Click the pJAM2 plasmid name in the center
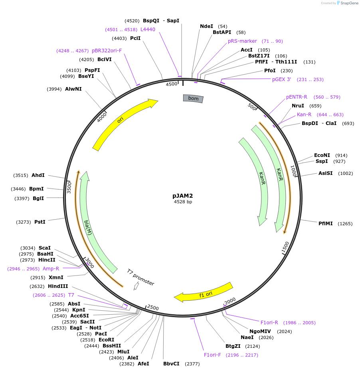point(183,196)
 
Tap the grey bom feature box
point(193,98)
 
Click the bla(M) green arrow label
point(88,228)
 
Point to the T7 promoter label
point(141,277)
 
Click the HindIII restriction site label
point(58,286)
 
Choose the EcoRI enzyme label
point(107,340)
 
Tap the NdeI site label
point(206,26)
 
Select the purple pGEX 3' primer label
point(281,79)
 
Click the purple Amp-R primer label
point(51,269)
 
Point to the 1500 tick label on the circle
point(285,247)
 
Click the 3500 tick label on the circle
point(69,188)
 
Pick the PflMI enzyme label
point(325,224)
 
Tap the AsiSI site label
point(325,173)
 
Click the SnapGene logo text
point(349,3)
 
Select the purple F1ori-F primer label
point(212,355)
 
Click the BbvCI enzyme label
point(171,364)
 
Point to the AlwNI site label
point(73,89)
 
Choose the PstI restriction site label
point(40,222)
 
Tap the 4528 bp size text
point(183,202)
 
